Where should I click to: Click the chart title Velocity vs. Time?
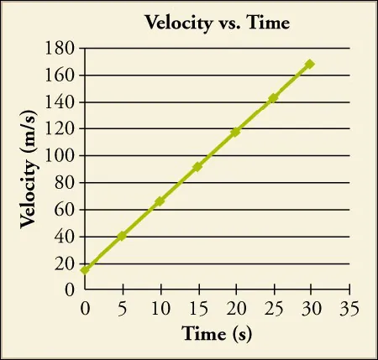pos(218,23)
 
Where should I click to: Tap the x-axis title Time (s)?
pos(217,334)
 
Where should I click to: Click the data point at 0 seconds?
pos(84,269)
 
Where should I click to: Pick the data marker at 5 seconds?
pos(122,236)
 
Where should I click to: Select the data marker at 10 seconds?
pos(160,201)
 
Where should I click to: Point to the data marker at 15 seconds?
pos(197,167)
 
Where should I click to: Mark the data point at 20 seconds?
pos(235,133)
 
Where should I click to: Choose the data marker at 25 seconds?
pos(273,98)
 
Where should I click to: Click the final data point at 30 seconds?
pos(310,64)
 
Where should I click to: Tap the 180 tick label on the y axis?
pos(61,49)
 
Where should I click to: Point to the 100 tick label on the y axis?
pos(61,156)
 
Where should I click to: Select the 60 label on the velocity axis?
pos(66,210)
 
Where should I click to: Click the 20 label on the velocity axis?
pos(66,263)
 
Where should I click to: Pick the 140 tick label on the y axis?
pos(61,102)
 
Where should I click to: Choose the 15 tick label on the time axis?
pos(197,307)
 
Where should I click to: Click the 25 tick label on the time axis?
pos(273,307)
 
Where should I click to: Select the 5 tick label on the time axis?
pos(122,307)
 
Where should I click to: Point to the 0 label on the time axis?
pos(84,307)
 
